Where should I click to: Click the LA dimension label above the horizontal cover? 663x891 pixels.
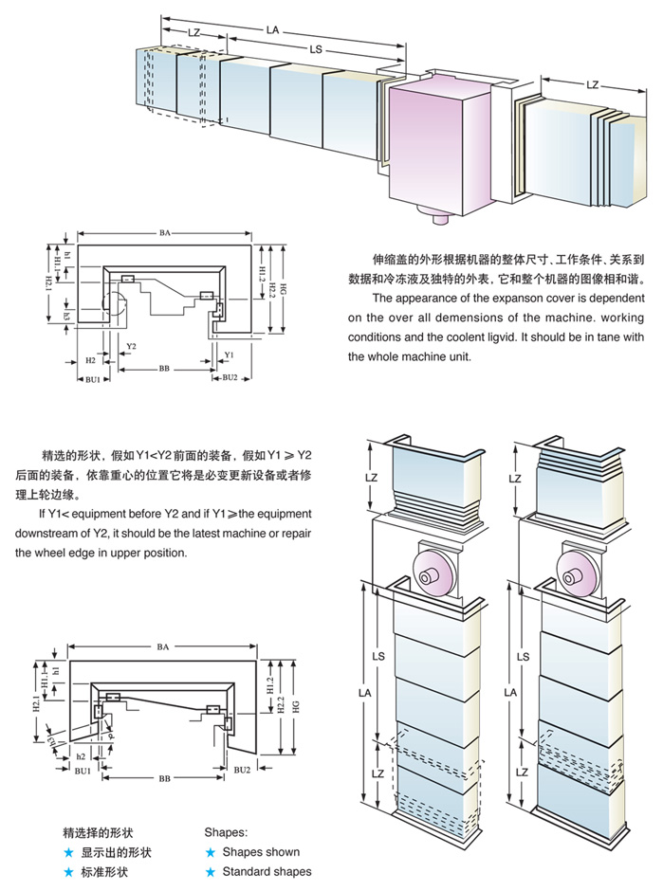click(272, 30)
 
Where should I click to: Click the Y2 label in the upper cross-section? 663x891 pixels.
click(130, 345)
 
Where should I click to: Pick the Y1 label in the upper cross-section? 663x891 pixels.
click(229, 354)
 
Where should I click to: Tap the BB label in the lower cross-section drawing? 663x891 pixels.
click(165, 777)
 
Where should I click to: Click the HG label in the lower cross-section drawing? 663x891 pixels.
click(296, 706)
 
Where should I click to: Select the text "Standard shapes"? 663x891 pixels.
click(267, 871)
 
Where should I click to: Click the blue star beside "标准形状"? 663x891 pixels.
click(68, 871)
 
